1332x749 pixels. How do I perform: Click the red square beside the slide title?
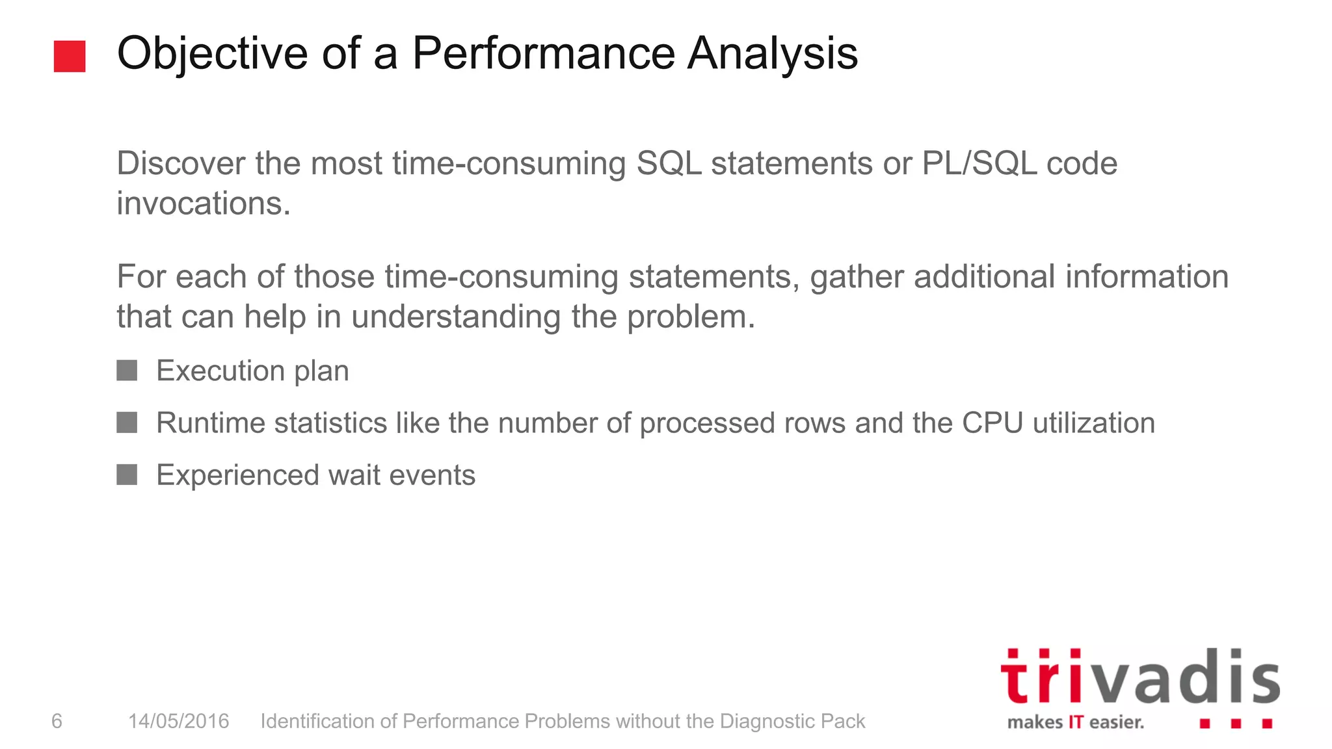(70, 56)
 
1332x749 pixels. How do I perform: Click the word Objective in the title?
(212, 53)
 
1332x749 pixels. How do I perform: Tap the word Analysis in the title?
(773, 53)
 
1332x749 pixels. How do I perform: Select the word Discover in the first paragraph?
(181, 163)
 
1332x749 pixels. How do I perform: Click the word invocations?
(203, 204)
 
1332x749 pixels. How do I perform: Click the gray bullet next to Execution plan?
(127, 371)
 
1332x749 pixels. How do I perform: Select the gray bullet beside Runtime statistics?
(127, 423)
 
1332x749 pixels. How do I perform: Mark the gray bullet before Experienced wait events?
(127, 475)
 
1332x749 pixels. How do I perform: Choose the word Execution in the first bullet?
(220, 371)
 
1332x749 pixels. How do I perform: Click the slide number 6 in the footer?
(57, 721)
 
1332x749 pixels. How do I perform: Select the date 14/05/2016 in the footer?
(178, 721)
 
